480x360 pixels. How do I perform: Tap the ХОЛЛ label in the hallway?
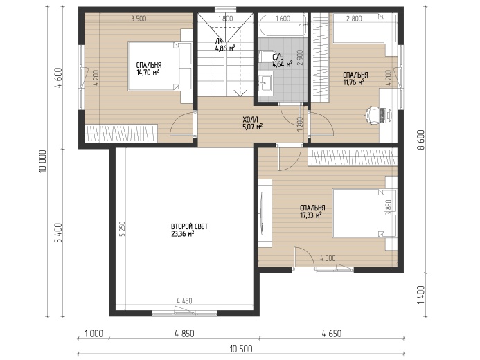pyautogui.click(x=250, y=119)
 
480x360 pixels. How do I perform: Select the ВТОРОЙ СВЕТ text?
pyautogui.click(x=189, y=226)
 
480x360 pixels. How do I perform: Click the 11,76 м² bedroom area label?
pyautogui.click(x=353, y=82)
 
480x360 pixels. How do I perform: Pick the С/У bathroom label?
pyautogui.click(x=278, y=57)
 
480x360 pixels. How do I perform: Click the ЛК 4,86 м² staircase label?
pyautogui.click(x=225, y=45)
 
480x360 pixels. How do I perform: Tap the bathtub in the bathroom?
pyautogui.click(x=283, y=26)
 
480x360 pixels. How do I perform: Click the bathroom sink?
pyautogui.click(x=265, y=82)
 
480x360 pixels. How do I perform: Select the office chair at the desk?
pyautogui.click(x=371, y=116)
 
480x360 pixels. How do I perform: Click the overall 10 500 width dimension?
pyautogui.click(x=241, y=349)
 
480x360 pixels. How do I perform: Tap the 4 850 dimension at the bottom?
pyautogui.click(x=185, y=334)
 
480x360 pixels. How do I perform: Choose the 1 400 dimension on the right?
pyautogui.click(x=421, y=294)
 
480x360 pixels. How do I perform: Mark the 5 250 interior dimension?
pyautogui.click(x=123, y=228)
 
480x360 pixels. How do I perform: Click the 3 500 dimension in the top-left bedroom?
pyautogui.click(x=139, y=19)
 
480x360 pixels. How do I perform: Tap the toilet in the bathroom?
pyautogui.click(x=267, y=56)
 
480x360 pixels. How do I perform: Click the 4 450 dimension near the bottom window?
pyautogui.click(x=185, y=301)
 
